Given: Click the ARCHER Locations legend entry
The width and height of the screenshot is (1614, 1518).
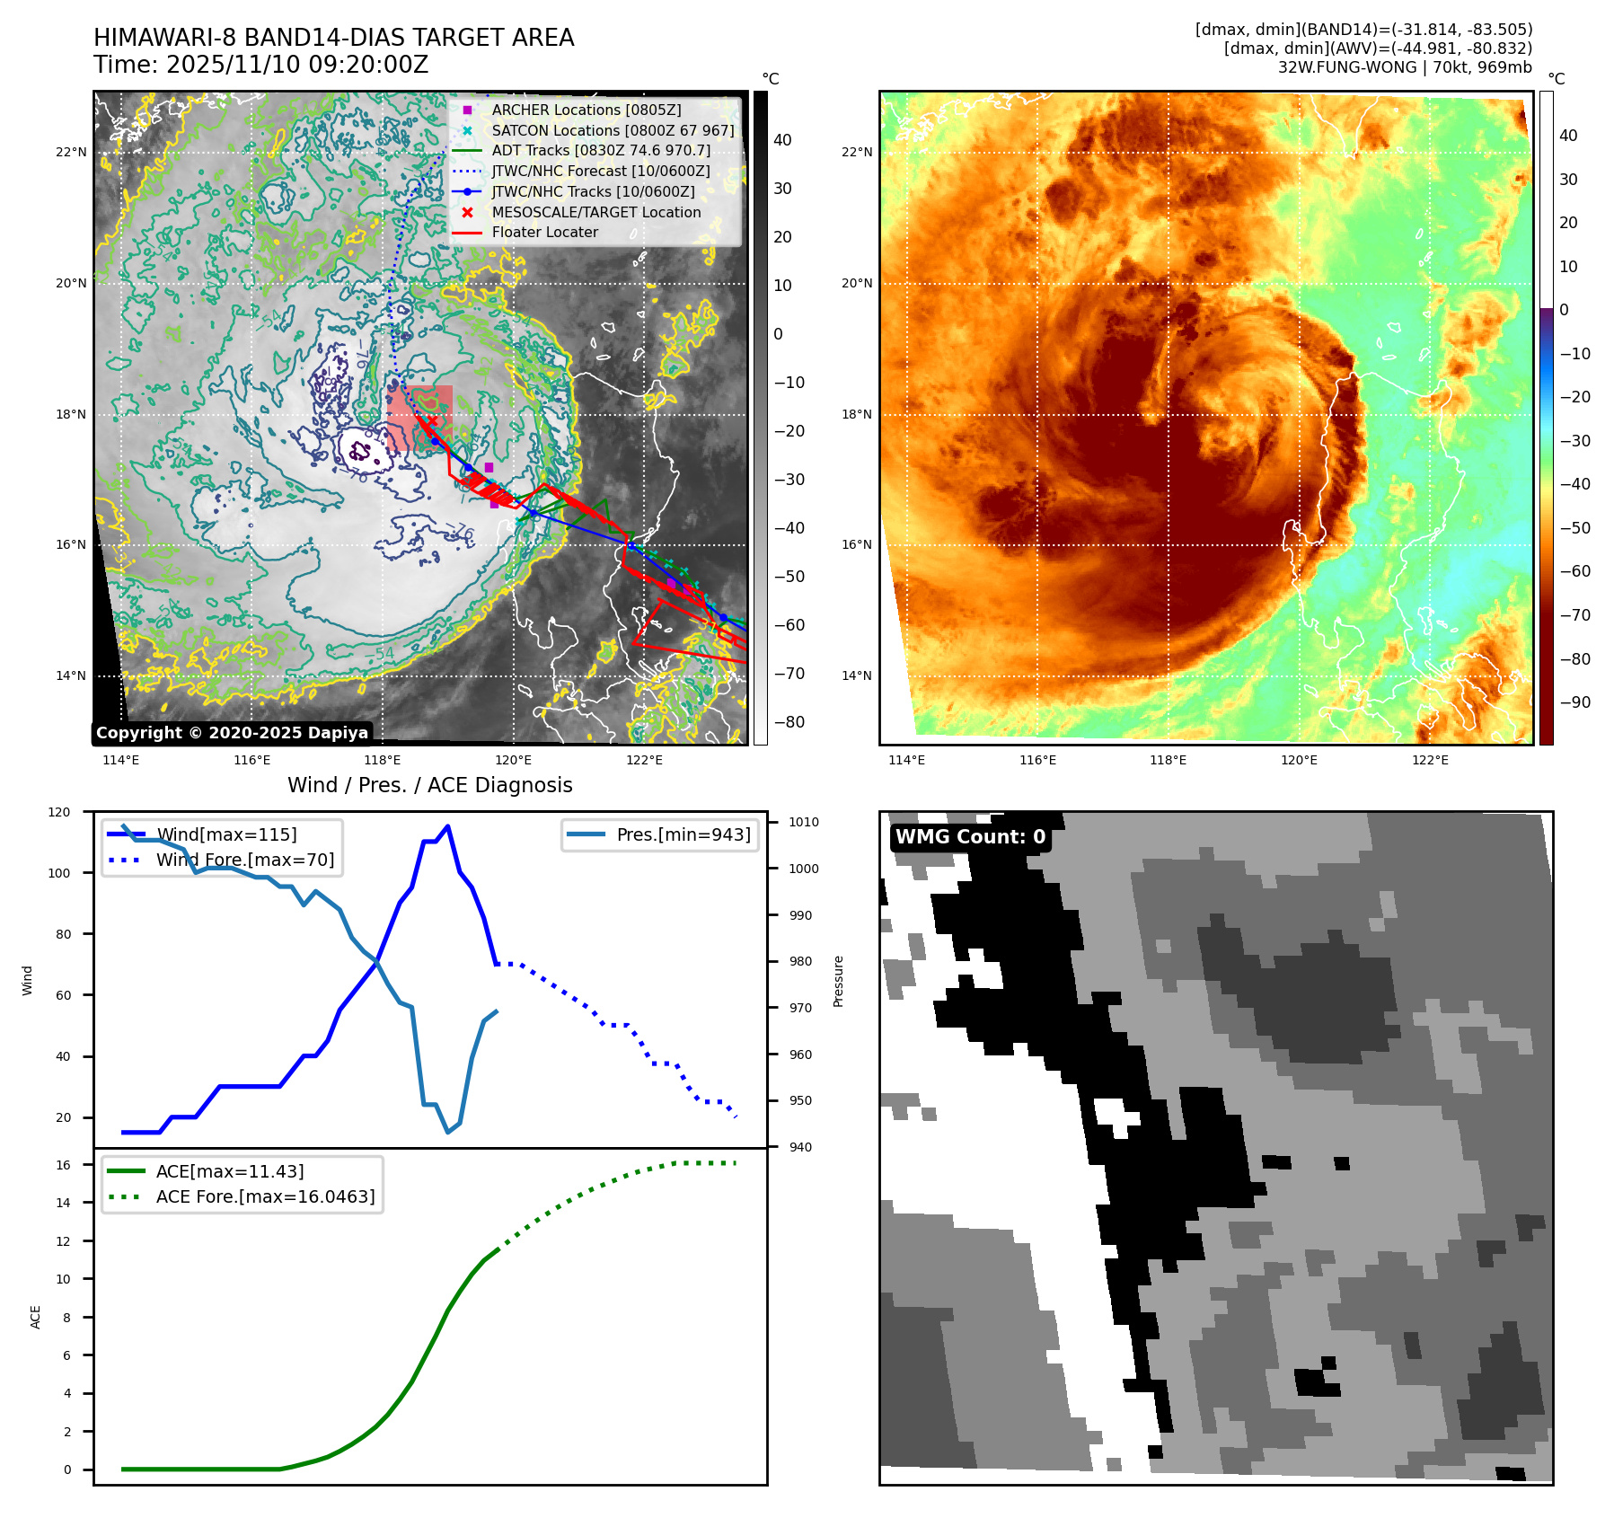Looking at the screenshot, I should (586, 110).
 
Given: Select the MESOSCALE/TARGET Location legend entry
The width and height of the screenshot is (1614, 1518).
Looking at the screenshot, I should (595, 212).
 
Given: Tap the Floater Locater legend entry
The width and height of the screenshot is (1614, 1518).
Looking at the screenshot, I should (544, 232).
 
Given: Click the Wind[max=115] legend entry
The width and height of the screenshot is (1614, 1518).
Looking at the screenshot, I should (226, 834).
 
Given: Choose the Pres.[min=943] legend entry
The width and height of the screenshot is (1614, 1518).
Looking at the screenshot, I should (683, 834).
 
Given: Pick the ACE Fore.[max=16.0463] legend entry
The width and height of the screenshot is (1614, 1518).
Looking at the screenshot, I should (265, 1196).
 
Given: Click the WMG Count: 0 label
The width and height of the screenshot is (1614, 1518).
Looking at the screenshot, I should (970, 837).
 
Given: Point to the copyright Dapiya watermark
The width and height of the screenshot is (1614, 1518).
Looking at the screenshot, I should (232, 733).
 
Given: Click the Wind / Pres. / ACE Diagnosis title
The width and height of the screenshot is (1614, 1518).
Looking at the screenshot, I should (429, 785).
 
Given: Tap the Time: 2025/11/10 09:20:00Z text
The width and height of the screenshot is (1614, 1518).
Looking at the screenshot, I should (260, 65).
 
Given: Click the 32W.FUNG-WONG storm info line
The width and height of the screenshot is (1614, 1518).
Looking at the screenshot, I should (1405, 67).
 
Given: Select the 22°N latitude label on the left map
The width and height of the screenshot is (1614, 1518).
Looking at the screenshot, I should (71, 153).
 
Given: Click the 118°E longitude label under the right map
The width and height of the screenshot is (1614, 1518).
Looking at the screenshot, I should (1168, 760).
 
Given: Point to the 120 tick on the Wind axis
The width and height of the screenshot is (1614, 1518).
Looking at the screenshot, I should (59, 812).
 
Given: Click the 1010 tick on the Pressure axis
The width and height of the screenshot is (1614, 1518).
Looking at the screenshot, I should (804, 822).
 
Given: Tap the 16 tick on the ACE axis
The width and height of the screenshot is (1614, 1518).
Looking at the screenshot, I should (64, 1165).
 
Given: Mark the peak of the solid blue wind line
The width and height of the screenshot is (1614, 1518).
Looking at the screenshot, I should (447, 826).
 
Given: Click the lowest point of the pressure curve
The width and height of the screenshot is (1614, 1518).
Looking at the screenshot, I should (448, 1132).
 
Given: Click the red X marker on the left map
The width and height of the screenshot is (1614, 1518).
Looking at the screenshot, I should (432, 420).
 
